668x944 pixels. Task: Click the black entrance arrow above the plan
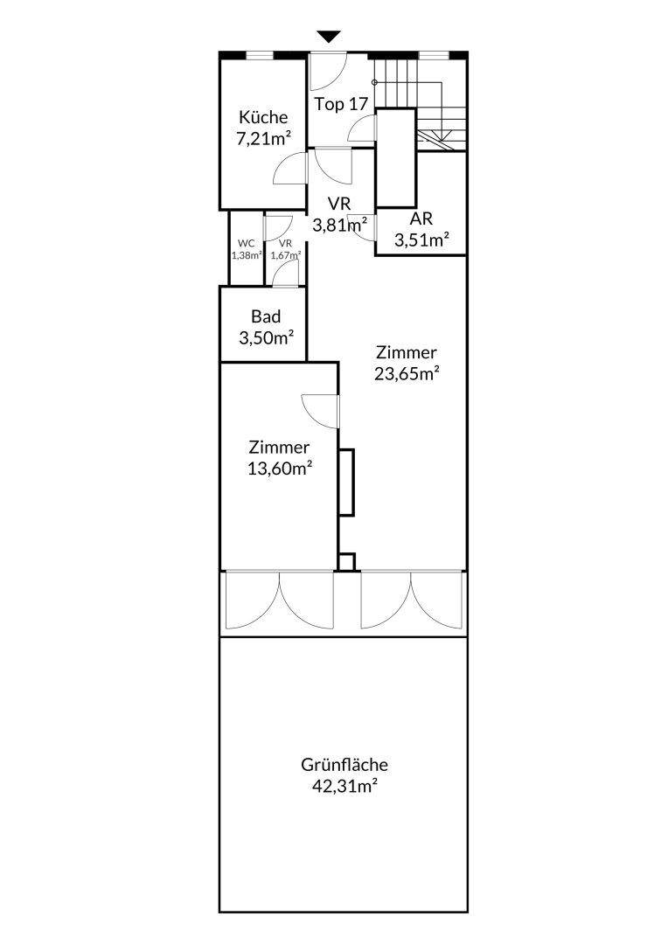329,37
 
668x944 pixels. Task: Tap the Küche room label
263,117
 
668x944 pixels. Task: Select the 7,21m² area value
263,138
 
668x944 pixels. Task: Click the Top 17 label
341,104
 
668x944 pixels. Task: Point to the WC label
247,243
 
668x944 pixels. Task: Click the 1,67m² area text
286,254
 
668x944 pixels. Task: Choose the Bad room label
266,316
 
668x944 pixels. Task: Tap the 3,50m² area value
266,337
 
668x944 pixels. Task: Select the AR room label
421,218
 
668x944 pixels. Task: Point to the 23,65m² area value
407,373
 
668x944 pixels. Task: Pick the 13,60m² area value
280,469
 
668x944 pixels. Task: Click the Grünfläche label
344,765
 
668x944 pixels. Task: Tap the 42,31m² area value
345,787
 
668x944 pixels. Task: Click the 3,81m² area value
340,226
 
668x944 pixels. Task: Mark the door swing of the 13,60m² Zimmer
320,412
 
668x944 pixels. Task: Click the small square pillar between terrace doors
346,562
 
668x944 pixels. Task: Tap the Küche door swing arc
290,168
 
